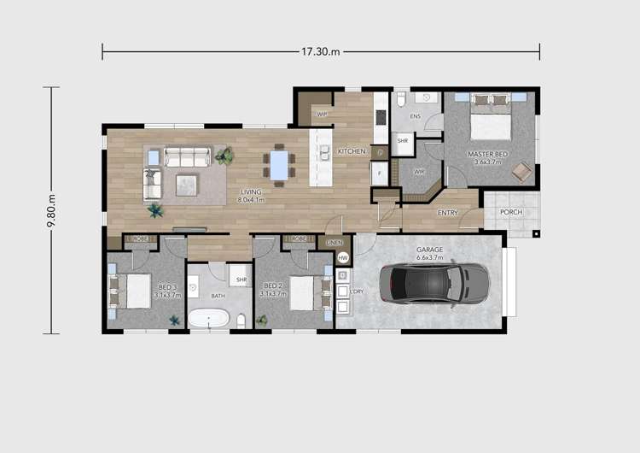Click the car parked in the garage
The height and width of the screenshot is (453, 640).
tap(433, 283)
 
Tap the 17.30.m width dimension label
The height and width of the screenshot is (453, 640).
tap(320, 51)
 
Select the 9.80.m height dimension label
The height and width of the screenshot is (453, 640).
tap(52, 209)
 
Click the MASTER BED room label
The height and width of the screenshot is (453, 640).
tap(487, 155)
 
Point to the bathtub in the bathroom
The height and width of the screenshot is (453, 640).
tap(209, 319)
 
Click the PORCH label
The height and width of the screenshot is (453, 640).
tap(511, 213)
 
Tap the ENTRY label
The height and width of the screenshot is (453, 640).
tap(447, 213)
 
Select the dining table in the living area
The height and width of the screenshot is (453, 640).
tap(279, 162)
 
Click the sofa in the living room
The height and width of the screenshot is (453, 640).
tap(187, 156)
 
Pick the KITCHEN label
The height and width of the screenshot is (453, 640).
tap(352, 151)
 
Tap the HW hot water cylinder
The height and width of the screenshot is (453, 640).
tap(343, 257)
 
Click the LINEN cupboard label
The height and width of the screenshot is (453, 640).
tap(335, 243)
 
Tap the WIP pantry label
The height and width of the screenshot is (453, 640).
tap(322, 114)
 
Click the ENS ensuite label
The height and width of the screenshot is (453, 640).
tap(416, 116)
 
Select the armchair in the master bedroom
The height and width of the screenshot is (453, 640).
tap(520, 172)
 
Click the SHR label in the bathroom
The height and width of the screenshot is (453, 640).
tap(241, 279)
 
